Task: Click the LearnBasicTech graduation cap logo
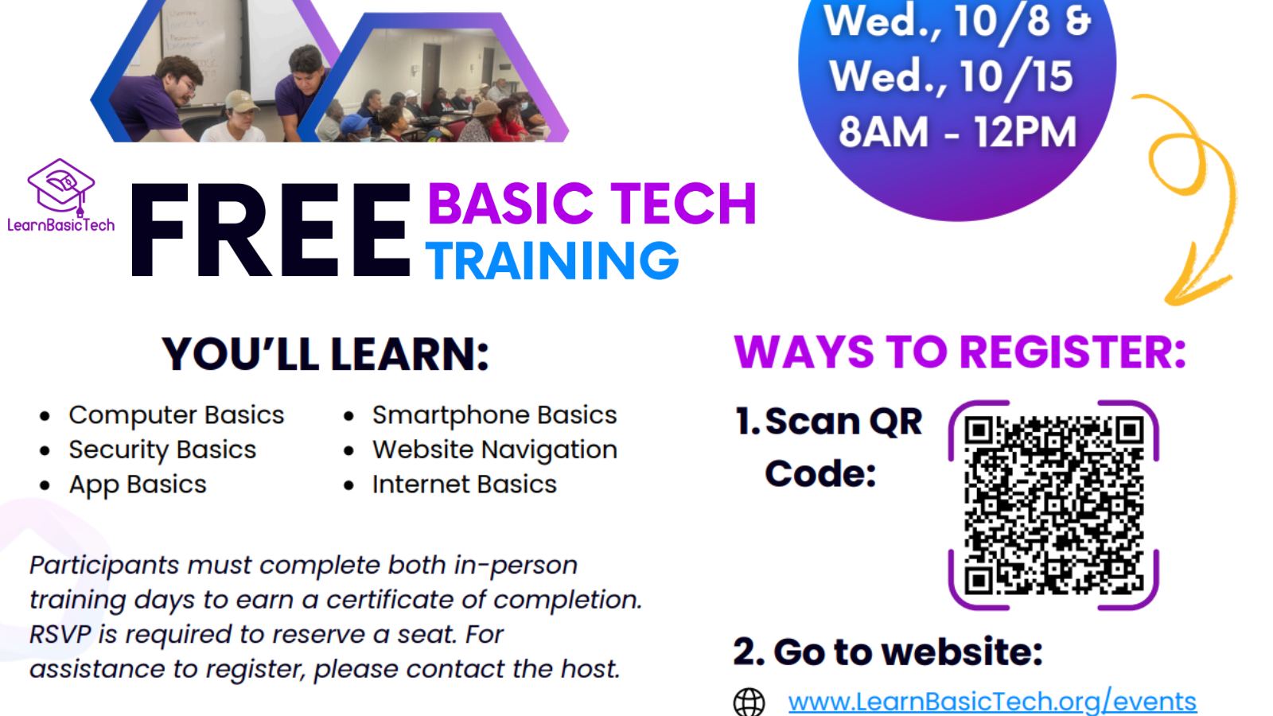[x=60, y=188]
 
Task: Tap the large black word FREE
[x=271, y=230]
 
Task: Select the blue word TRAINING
[x=552, y=260]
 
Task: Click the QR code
[x=1053, y=505]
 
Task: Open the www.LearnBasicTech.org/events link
[x=992, y=701]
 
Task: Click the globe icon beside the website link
[x=749, y=702]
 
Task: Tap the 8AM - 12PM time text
[x=958, y=132]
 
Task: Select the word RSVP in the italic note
[x=60, y=634]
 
